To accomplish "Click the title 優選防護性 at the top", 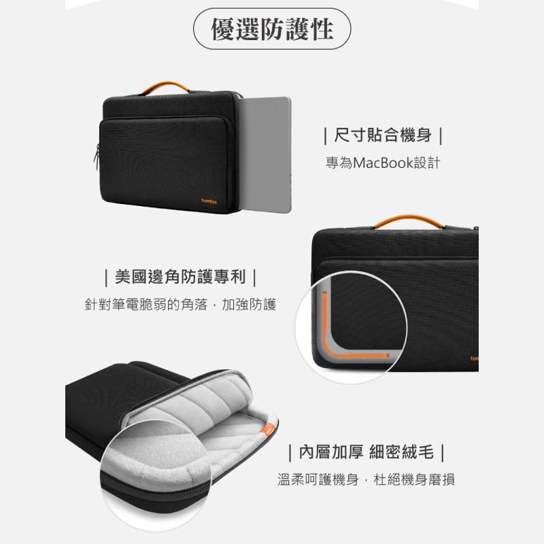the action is pyautogui.click(x=272, y=29).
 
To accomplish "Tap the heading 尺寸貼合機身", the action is pyautogui.click(x=383, y=135).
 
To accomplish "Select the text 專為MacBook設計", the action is pyautogui.click(x=383, y=163).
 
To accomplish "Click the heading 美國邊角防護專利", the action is pyautogui.click(x=180, y=277).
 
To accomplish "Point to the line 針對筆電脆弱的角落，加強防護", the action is pyautogui.click(x=180, y=304).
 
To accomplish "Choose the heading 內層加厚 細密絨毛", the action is pyautogui.click(x=367, y=452).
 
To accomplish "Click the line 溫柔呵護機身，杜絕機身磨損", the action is pyautogui.click(x=366, y=479).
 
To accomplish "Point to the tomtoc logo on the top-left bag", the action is pyautogui.click(x=209, y=201).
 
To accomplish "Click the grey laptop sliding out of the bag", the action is pyautogui.click(x=265, y=154).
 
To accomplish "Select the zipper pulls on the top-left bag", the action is pyautogui.click(x=97, y=157).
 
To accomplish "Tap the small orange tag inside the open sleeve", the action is pyautogui.click(x=268, y=430).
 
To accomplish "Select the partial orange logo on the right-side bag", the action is pyautogui.click(x=474, y=358).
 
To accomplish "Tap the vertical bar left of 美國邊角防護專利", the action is pyautogui.click(x=106, y=277).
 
